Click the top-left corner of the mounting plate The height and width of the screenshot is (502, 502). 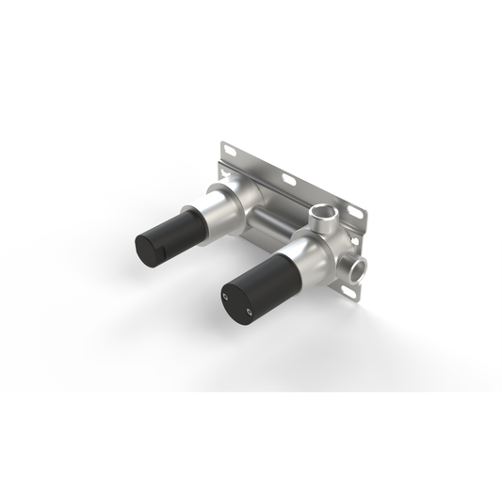(x=222, y=143)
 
